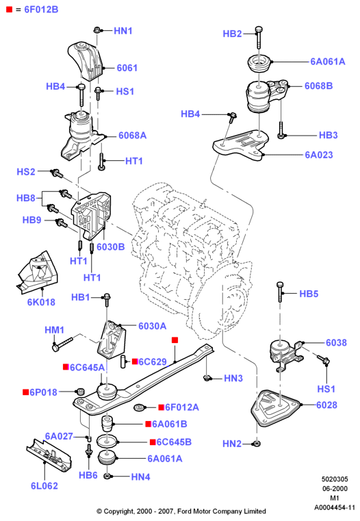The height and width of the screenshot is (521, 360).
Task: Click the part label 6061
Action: [x=127, y=68]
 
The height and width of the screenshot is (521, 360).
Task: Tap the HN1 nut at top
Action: [x=97, y=30]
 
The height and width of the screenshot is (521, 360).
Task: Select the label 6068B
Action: [x=318, y=86]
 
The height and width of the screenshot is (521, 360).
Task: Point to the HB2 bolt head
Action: [x=259, y=30]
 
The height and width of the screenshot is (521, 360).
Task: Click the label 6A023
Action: [x=319, y=155]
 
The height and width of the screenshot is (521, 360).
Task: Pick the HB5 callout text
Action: [x=309, y=294]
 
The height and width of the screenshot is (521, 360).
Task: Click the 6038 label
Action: [x=336, y=342]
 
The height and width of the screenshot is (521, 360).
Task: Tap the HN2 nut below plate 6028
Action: [x=256, y=443]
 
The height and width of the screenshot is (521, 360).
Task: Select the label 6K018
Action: [x=41, y=302]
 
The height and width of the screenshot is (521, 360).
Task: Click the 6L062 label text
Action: [x=44, y=486]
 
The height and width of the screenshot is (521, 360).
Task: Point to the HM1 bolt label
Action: [x=55, y=330]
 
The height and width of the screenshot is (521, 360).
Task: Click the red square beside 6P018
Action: [x=25, y=392]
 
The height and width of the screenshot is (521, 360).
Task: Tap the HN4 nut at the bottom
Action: [x=107, y=476]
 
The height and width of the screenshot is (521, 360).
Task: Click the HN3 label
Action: [x=233, y=378]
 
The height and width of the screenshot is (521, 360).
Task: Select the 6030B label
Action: [x=111, y=247]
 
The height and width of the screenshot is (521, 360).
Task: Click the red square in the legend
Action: [x=10, y=10]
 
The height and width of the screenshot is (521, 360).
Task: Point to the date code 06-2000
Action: [x=335, y=488]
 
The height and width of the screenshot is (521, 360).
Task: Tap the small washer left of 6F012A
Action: [x=138, y=407]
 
